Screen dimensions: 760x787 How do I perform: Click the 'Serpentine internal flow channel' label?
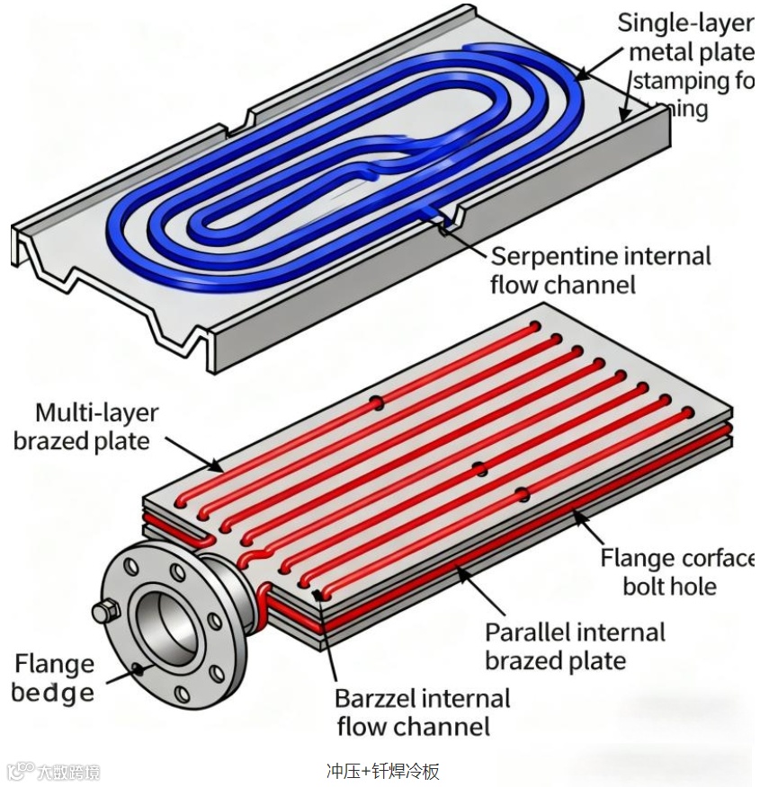(600, 270)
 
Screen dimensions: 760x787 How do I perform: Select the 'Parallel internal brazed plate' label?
(575, 646)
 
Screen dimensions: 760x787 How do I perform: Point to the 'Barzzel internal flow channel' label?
(422, 712)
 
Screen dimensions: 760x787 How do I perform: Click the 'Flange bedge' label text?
(54, 678)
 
